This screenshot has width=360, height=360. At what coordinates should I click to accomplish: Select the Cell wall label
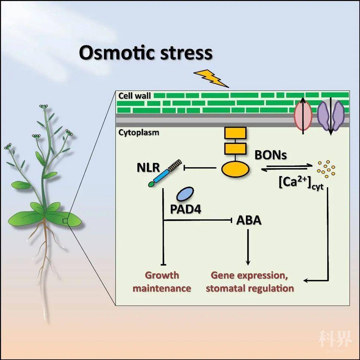(x=134, y=96)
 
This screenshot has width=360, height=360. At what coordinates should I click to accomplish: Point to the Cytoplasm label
(x=139, y=132)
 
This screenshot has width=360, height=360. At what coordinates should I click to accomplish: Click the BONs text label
(x=270, y=155)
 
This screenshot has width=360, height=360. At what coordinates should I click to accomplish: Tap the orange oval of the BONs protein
(x=235, y=168)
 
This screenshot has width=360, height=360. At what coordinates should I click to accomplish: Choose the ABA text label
(x=249, y=220)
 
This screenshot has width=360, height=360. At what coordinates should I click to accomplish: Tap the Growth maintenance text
(x=162, y=282)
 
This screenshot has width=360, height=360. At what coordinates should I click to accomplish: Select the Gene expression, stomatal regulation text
(x=250, y=282)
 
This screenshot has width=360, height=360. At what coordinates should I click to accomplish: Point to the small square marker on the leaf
(x=65, y=221)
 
